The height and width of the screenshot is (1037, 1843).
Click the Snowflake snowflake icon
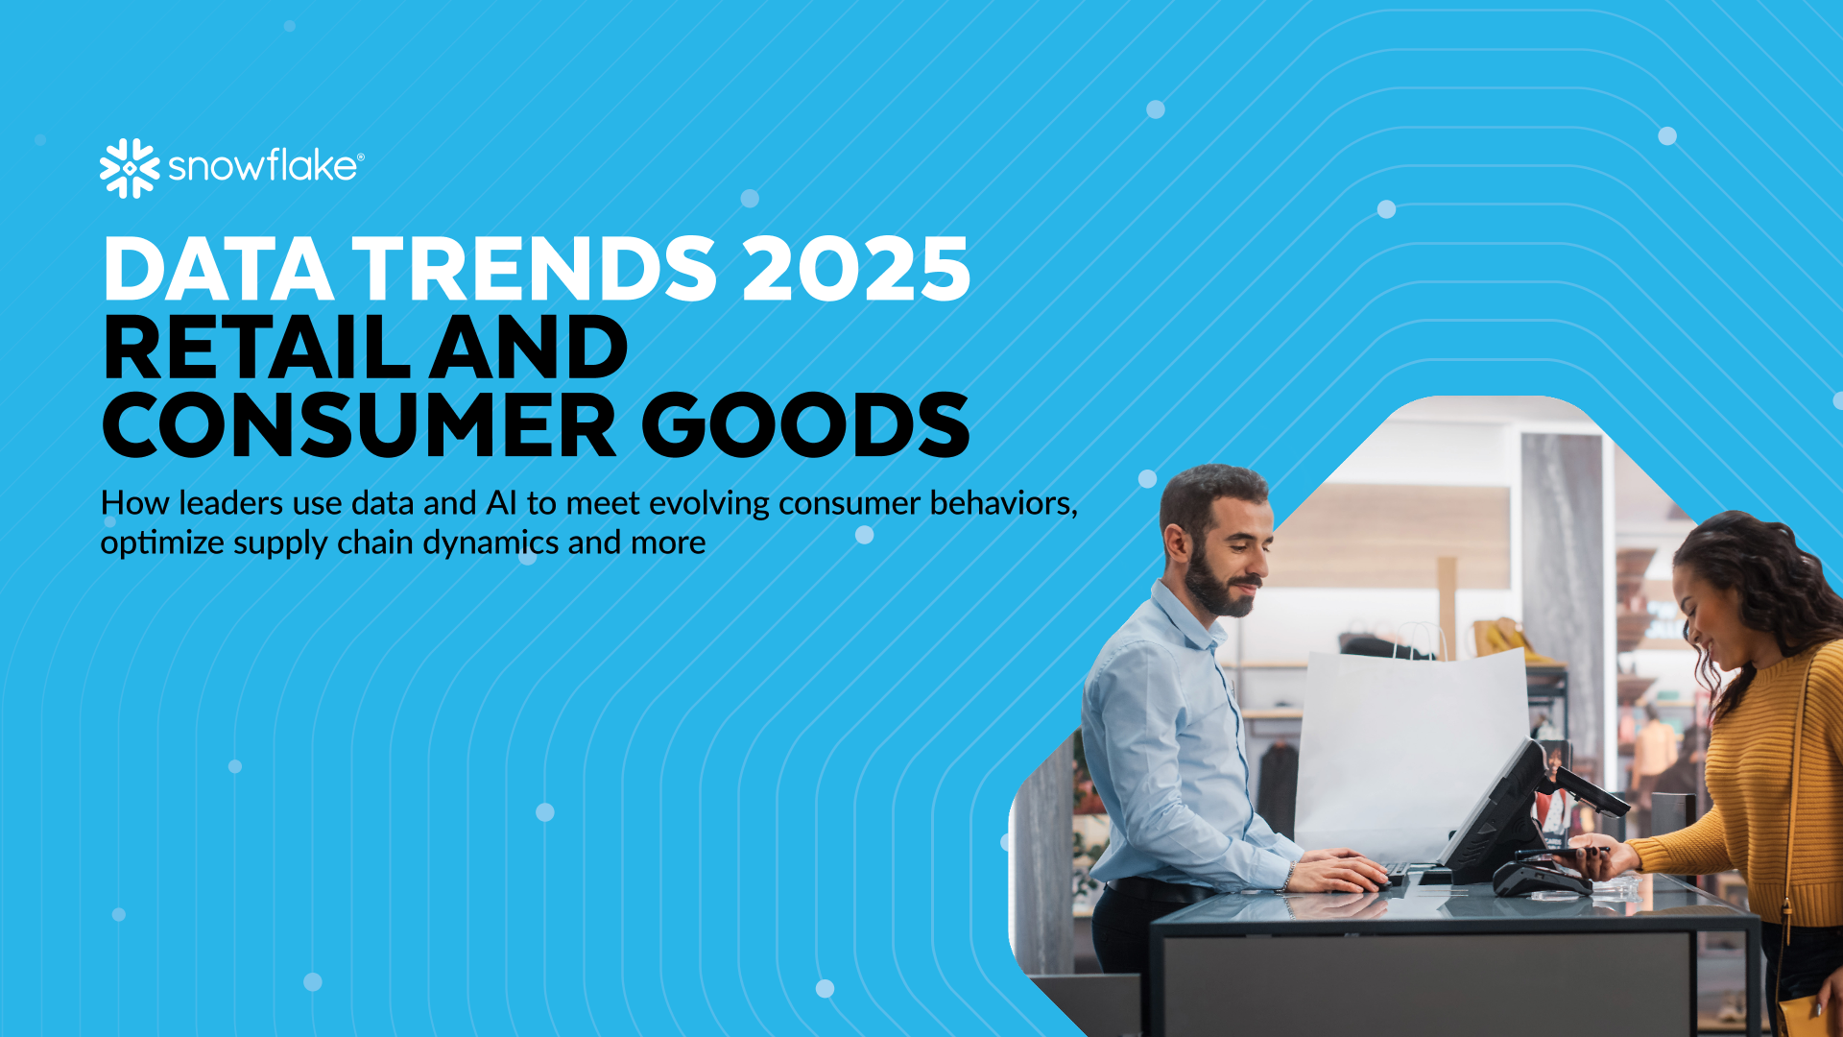point(130,168)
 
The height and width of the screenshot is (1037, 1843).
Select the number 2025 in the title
point(856,269)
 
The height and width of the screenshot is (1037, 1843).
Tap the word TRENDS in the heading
point(535,269)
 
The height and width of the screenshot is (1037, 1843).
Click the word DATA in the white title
point(219,269)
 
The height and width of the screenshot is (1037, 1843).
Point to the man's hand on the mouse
point(1340,873)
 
